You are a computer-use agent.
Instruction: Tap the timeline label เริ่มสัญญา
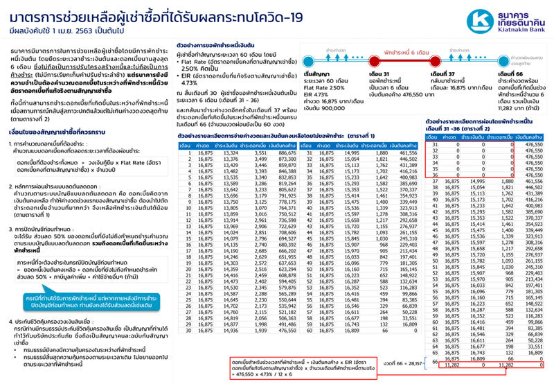click(x=319, y=73)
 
